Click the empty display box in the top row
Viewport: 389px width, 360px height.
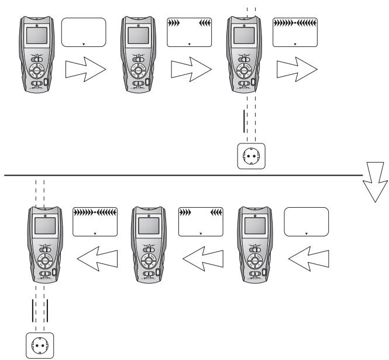[84, 33]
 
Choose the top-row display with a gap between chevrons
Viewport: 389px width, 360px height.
[190, 33]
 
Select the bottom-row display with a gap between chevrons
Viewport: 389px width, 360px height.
[201, 222]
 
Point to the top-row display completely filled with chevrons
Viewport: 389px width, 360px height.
[295, 33]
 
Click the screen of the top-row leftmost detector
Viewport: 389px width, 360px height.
[37, 35]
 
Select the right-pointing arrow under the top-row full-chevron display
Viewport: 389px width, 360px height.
[295, 71]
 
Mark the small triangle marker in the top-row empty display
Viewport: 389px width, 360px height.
[84, 44]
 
